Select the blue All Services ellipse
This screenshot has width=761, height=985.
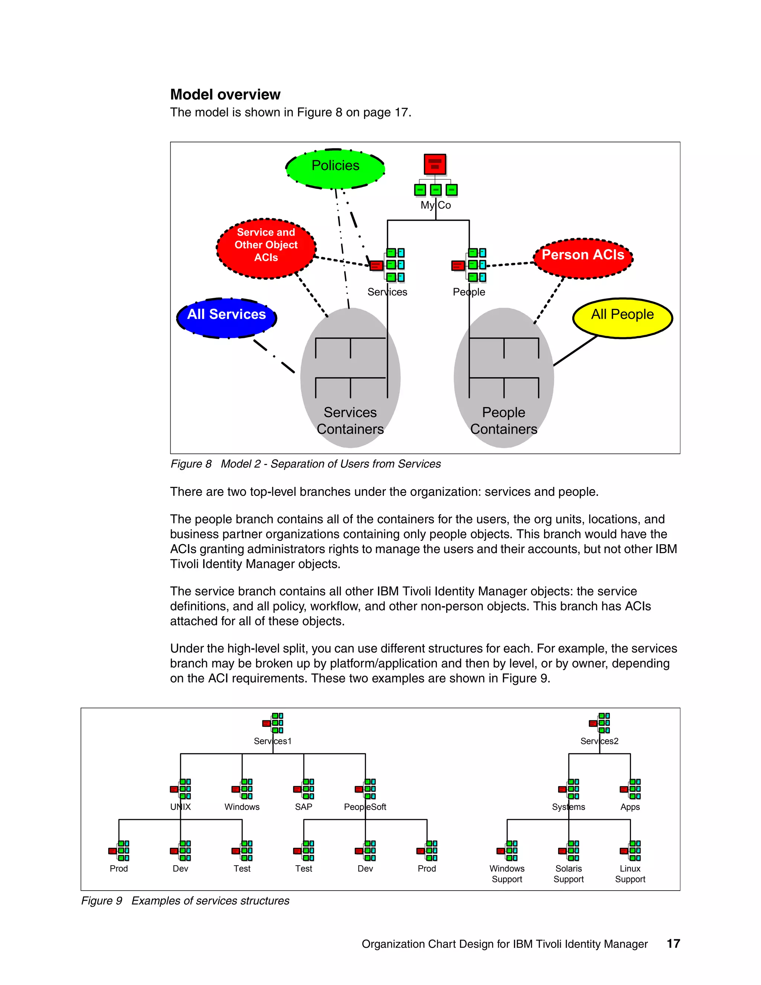pos(226,317)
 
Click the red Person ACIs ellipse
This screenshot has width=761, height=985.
pos(583,258)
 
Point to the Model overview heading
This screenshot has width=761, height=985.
pos(225,94)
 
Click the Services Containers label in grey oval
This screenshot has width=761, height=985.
pos(350,420)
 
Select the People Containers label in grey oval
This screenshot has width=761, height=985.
pos(503,420)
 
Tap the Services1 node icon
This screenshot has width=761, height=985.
pos(273,723)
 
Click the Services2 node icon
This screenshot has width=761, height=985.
pos(600,723)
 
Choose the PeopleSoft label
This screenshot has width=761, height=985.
pos(365,807)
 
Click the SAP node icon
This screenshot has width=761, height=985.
pos(304,788)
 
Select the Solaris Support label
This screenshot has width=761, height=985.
pos(569,873)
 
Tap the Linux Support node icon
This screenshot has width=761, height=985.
pos(630,850)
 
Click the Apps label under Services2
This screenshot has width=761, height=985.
pos(630,807)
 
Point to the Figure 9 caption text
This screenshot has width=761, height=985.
pos(185,901)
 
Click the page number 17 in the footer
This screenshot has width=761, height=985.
pos(673,943)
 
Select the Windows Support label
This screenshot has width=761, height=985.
pos(507,873)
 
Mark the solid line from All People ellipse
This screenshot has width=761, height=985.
pos(576,351)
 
